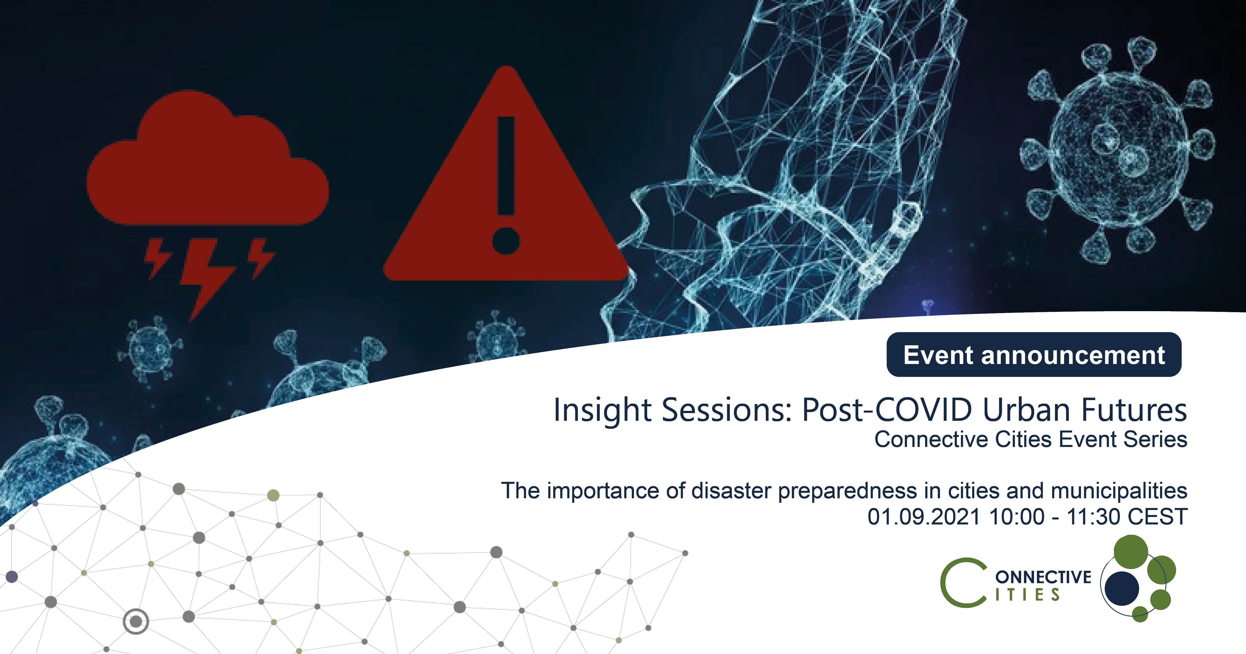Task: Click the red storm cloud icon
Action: [208, 160]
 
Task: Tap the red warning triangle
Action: [506, 194]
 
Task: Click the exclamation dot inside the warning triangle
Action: [506, 240]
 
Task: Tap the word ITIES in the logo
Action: [1027, 594]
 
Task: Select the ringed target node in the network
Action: [136, 622]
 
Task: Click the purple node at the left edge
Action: [12, 577]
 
